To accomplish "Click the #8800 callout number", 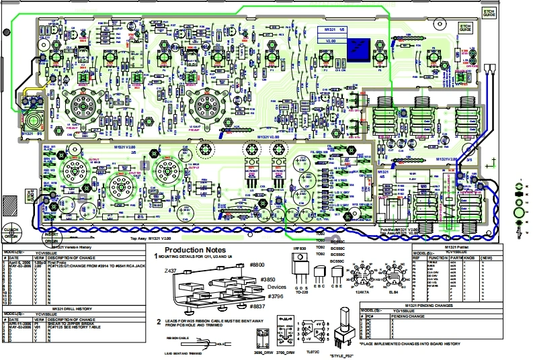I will pos(258,265).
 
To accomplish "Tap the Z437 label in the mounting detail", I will pos(171,271).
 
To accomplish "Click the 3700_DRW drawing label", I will pos(286,352).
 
